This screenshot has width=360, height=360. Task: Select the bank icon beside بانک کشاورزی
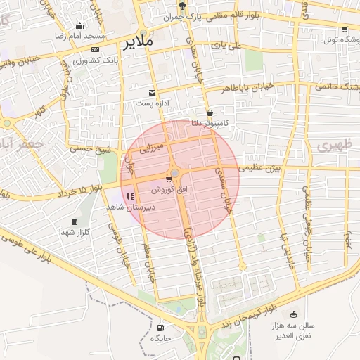tap(96, 49)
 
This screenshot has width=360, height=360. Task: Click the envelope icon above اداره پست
tap(153, 92)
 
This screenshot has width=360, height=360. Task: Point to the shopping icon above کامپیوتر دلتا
tap(210, 112)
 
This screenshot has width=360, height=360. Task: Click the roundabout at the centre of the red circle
tap(174, 174)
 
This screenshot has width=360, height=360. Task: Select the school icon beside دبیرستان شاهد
tap(129, 197)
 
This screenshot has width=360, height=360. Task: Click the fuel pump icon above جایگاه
tap(161, 328)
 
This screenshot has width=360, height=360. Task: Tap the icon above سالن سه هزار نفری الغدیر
tap(294, 314)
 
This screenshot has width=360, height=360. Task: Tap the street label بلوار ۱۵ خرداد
tap(81, 188)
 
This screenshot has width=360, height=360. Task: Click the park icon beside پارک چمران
tap(182, 6)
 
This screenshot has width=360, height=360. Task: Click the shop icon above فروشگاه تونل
tap(344, 30)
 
